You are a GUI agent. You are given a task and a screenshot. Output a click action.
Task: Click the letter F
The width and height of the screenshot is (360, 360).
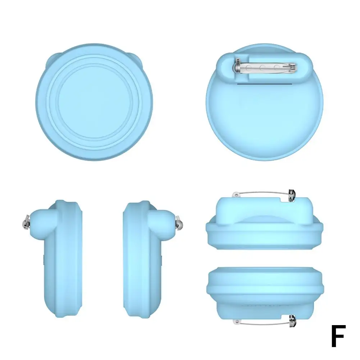(x=338, y=336)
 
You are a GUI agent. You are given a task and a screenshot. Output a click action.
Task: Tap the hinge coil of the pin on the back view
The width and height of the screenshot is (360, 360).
(x=237, y=66)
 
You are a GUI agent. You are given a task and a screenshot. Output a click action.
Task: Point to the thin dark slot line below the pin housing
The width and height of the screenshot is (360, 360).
(x=264, y=84)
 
